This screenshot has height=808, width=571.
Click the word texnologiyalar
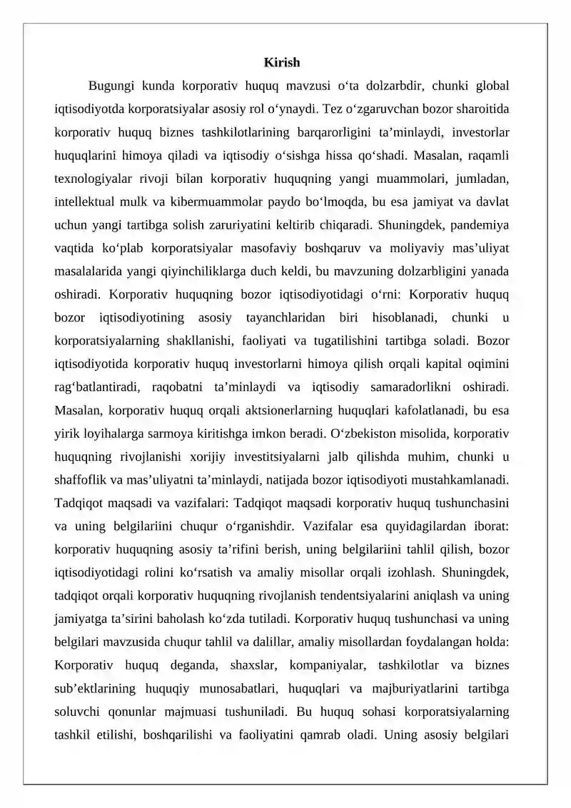(x=90, y=179)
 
